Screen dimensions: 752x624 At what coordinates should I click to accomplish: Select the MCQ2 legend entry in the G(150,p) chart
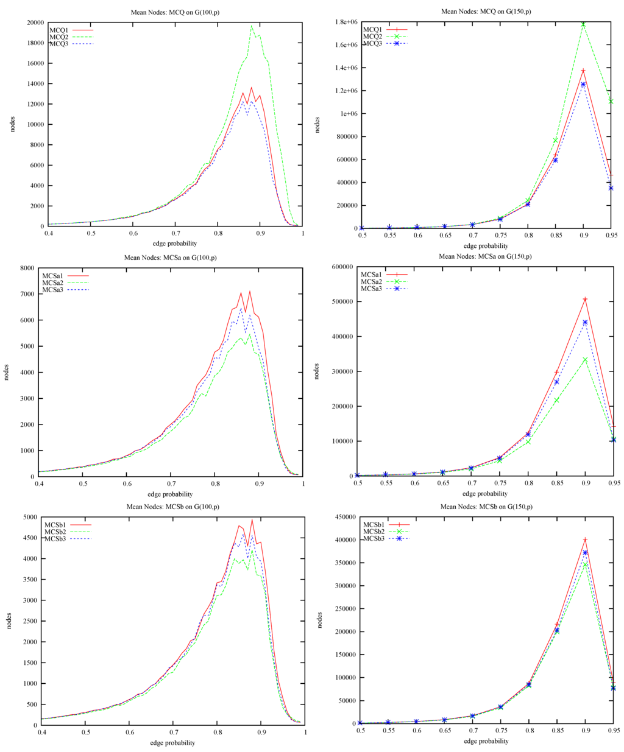point(372,37)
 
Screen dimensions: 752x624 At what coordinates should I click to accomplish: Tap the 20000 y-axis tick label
point(34,23)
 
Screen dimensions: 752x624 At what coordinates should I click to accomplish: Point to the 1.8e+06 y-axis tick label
point(345,22)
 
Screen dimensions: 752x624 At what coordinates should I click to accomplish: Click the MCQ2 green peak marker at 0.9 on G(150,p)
point(583,24)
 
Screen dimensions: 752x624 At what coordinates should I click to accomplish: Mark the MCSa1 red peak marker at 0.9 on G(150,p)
point(585,299)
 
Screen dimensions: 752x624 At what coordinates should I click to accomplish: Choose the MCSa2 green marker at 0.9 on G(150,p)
point(585,359)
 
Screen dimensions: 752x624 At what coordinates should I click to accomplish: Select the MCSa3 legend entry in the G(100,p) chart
point(53,289)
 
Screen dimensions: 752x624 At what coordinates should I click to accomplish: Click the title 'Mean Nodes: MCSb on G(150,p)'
point(486,507)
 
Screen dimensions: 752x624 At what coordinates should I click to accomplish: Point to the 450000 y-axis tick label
point(344,517)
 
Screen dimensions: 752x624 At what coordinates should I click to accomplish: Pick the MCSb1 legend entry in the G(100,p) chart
point(55,524)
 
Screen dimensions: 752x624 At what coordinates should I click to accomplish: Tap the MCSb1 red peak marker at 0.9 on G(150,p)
point(585,539)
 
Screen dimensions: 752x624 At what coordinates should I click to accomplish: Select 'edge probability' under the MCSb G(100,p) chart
point(172,743)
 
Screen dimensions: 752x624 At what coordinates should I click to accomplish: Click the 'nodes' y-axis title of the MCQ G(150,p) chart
point(317,125)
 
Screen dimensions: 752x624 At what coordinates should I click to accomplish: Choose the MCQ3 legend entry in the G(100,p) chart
point(59,43)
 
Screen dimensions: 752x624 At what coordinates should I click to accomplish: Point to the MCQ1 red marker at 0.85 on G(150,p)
point(556,155)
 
